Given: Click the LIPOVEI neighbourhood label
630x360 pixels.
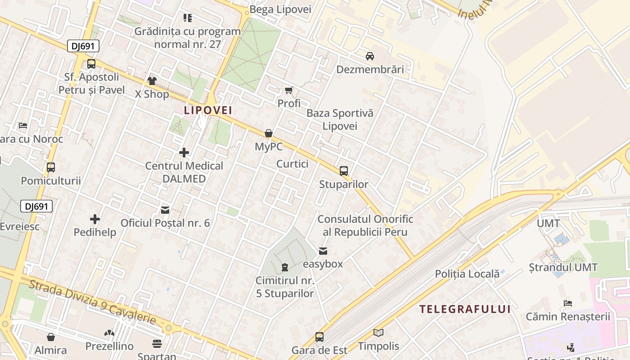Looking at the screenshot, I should (x=208, y=110).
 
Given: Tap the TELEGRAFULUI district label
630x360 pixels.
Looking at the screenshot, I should (x=465, y=309).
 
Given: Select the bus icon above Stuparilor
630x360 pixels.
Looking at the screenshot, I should (x=344, y=171).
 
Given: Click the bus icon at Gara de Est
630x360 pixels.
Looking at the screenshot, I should (x=319, y=337).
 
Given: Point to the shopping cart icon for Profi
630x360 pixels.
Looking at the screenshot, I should (x=289, y=90).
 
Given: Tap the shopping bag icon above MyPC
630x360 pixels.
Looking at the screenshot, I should (x=269, y=133).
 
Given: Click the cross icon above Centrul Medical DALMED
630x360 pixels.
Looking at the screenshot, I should (x=184, y=153).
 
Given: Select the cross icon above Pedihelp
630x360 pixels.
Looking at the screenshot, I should (x=95, y=219).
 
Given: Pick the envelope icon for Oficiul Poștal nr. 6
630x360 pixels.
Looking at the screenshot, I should (x=165, y=210).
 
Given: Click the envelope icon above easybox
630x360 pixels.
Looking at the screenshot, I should (x=323, y=251).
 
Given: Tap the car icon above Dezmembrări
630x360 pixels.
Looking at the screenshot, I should (x=370, y=56).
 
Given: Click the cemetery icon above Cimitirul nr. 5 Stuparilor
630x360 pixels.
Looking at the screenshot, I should (x=284, y=267).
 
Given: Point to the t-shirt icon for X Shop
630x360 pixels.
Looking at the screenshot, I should (x=152, y=81).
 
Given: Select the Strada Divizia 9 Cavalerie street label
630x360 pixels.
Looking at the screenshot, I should (x=92, y=301).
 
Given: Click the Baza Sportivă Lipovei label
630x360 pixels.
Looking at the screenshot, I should (x=340, y=119).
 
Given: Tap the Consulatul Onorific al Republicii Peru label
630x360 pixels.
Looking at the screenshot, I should (x=365, y=225).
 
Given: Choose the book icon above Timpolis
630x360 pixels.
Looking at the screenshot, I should (x=378, y=333).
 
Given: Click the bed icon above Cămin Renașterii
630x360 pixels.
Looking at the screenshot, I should (x=568, y=303).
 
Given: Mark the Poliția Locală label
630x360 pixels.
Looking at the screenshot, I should (x=467, y=274).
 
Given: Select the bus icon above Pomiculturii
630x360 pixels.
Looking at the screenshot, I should (x=51, y=167).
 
